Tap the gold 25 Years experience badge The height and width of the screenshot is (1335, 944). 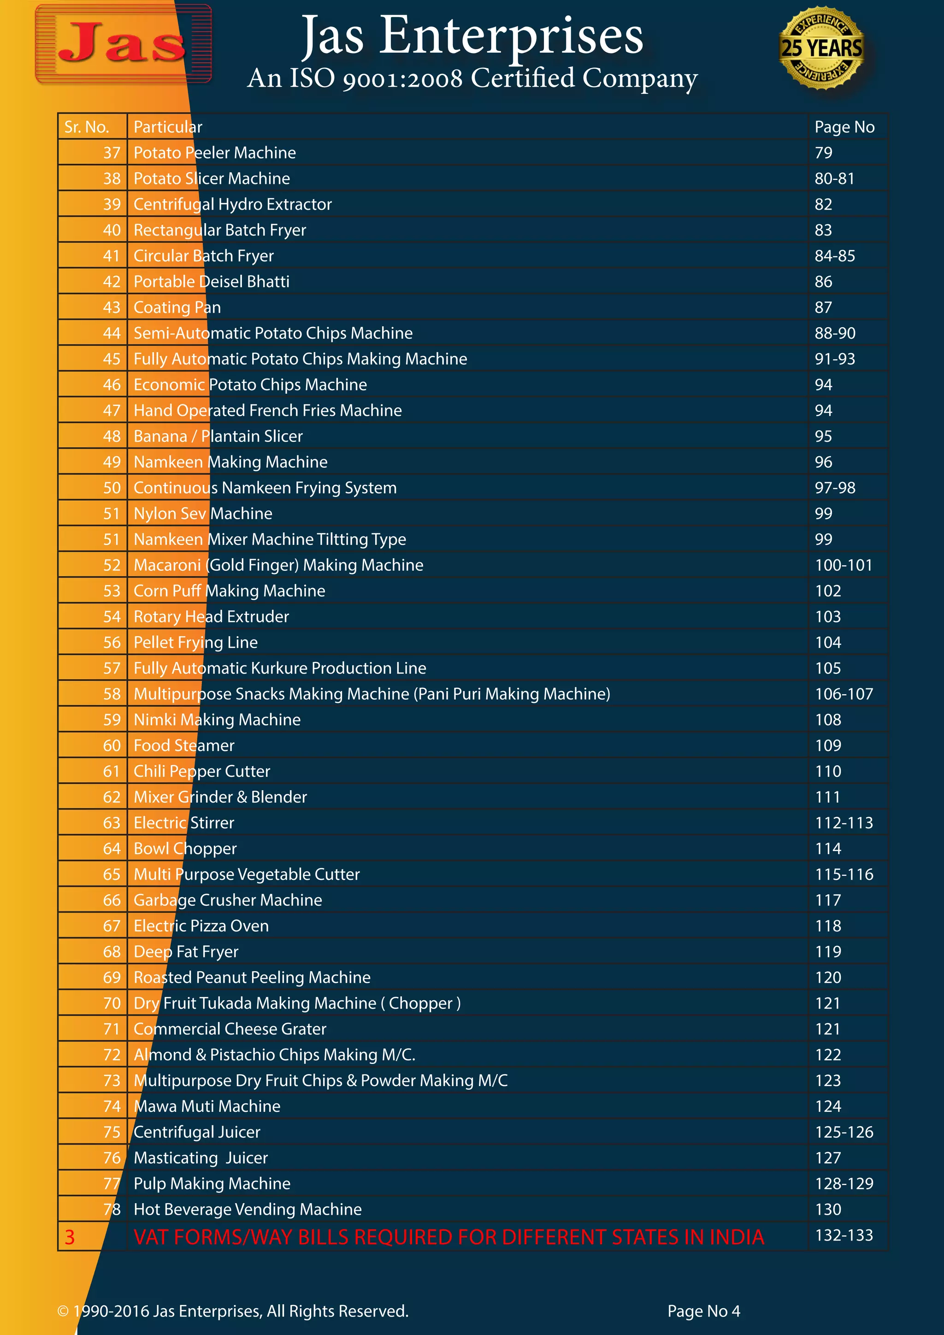pos(821,47)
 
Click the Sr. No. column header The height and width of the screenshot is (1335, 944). pos(87,127)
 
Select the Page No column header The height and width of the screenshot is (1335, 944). pos(844,127)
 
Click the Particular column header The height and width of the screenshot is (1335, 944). pos(168,127)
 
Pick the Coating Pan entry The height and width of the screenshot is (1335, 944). pos(177,307)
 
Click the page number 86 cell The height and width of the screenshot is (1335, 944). pos(823,281)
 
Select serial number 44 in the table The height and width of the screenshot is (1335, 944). pos(112,333)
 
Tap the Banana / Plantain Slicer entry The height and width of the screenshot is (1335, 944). pos(218,436)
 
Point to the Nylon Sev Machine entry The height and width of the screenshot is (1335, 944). pos(203,514)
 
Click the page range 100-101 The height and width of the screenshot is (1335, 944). pos(844,565)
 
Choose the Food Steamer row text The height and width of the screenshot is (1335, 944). pos(184,745)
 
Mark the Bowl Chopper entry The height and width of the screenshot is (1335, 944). pos(185,848)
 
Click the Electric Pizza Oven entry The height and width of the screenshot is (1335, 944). pos(201,926)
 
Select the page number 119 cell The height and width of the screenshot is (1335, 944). pos(828,951)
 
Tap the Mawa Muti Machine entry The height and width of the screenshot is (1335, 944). pos(207,1106)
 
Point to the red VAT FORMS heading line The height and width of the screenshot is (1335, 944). pos(449,1237)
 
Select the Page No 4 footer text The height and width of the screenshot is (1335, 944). pos(703,1311)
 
